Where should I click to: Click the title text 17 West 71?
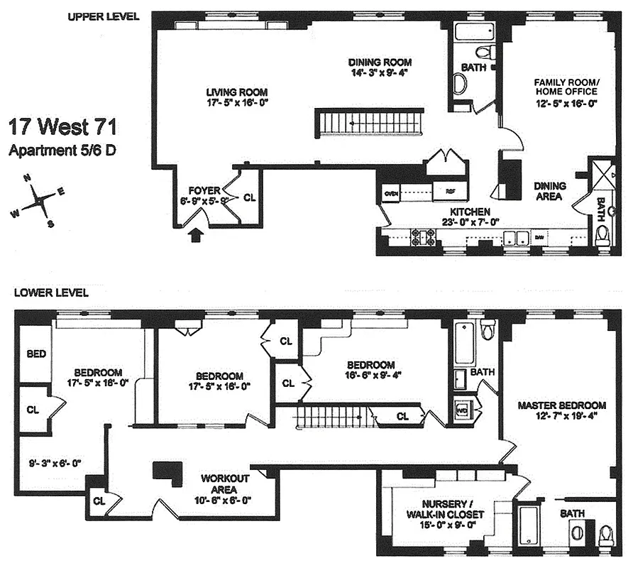coord(62,129)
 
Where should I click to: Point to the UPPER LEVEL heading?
coord(104,16)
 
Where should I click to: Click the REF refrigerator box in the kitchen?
coord(450,192)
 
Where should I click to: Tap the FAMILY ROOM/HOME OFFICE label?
coord(566,87)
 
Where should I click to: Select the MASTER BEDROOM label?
coord(561,405)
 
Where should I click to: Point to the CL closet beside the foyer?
coord(249,198)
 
